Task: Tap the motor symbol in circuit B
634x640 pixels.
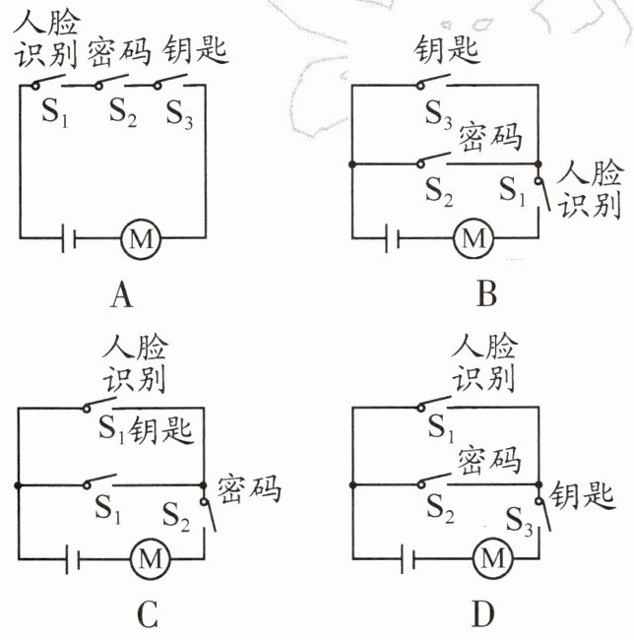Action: (x=475, y=237)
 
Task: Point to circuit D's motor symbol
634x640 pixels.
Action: (x=488, y=559)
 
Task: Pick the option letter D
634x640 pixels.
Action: (x=481, y=615)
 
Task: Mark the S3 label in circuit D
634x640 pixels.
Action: (x=521, y=512)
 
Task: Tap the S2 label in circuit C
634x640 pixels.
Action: (x=178, y=511)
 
